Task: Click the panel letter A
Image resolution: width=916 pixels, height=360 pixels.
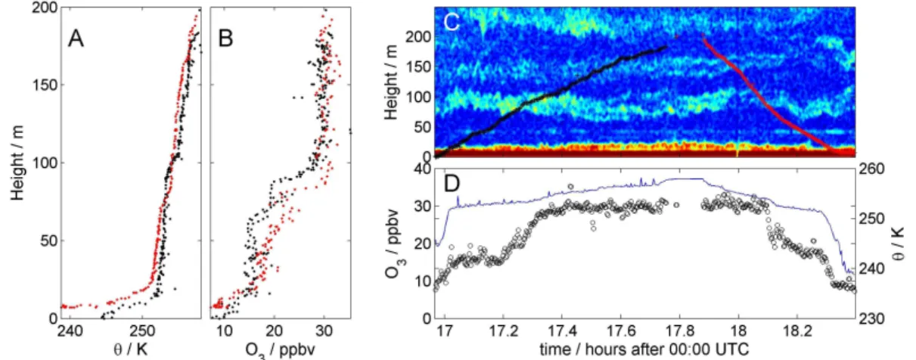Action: (x=76, y=39)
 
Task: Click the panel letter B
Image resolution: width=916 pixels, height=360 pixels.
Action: (x=225, y=39)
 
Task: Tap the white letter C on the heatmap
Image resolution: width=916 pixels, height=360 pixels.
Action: (x=452, y=22)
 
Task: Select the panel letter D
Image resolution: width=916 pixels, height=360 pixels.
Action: (x=452, y=184)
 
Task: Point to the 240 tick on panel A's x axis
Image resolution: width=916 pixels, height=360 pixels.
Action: (x=70, y=331)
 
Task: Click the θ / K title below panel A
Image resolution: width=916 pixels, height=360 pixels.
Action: (x=130, y=349)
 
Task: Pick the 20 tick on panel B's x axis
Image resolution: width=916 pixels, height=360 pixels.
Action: (x=275, y=331)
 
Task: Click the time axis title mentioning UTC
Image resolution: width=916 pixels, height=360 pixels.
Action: (x=644, y=349)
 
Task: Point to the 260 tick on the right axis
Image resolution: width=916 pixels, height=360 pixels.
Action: (x=873, y=169)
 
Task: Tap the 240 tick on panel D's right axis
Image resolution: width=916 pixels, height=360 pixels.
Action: (x=873, y=268)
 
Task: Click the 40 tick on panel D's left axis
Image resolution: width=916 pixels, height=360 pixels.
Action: (x=421, y=169)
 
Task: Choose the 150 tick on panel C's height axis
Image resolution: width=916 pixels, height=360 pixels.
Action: (x=418, y=67)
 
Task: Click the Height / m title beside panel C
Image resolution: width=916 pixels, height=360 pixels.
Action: (x=391, y=82)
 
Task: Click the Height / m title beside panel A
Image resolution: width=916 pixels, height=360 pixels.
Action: (x=17, y=163)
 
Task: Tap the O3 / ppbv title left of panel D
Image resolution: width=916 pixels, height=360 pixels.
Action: (x=393, y=244)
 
